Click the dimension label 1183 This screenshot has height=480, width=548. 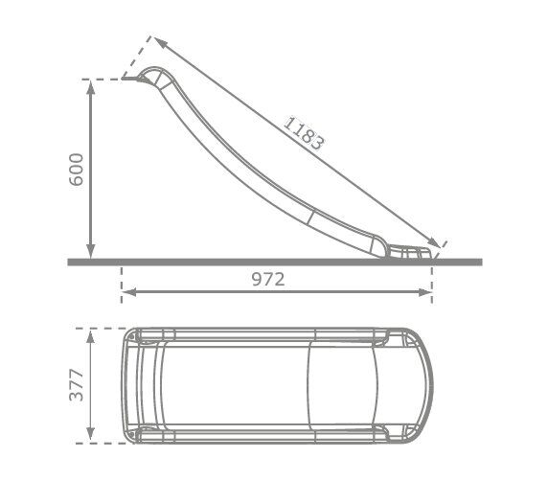point(304,134)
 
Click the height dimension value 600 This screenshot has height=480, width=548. point(77,170)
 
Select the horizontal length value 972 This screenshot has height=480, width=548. point(268,279)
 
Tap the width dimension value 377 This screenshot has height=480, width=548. point(77,384)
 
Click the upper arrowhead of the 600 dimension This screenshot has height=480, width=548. point(90,89)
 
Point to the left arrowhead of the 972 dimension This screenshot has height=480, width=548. point(129,292)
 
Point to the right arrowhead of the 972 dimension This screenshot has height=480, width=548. point(425,292)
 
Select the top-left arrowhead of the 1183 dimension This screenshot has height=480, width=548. point(161,43)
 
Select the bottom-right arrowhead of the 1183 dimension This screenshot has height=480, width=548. point(433,242)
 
